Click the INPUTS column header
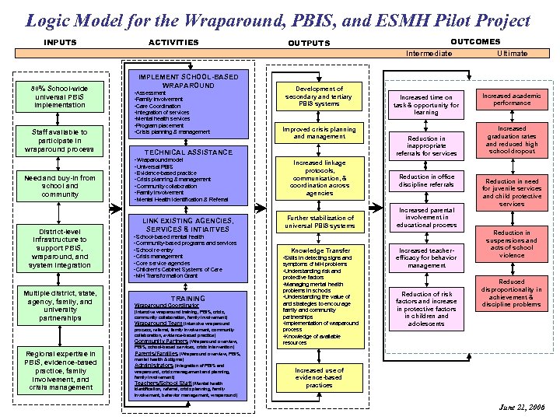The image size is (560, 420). click(x=60, y=42)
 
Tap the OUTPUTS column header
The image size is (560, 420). click(x=309, y=43)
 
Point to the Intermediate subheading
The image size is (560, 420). click(x=429, y=54)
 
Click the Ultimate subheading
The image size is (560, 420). click(x=513, y=54)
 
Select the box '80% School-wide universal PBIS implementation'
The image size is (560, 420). click(x=59, y=96)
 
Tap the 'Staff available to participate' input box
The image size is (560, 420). click(x=59, y=140)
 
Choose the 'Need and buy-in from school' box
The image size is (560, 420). click(x=59, y=186)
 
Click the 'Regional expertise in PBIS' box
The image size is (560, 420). click(x=59, y=370)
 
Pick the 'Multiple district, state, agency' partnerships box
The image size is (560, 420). click(x=59, y=306)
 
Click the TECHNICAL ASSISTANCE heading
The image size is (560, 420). click(x=188, y=152)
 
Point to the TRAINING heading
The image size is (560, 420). click(x=188, y=299)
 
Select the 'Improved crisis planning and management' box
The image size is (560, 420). click(x=319, y=133)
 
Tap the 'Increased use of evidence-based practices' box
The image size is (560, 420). click(x=319, y=377)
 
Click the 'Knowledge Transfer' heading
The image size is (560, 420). click(x=320, y=251)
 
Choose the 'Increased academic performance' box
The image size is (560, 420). click(x=512, y=99)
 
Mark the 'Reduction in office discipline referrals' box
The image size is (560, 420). click(x=426, y=180)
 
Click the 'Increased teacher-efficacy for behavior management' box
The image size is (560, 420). click(x=426, y=257)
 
